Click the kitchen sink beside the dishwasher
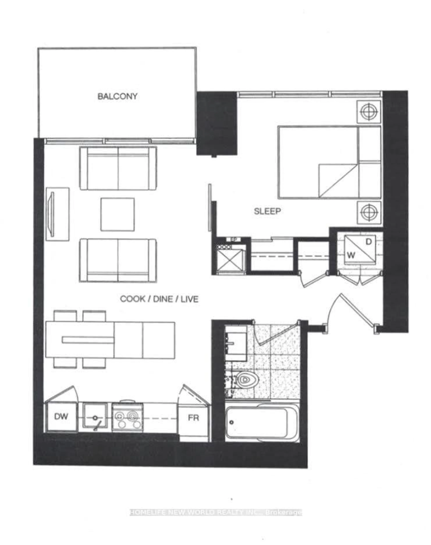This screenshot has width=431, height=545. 95,417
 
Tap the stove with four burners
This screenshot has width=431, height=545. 127,417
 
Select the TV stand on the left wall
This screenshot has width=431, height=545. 57,214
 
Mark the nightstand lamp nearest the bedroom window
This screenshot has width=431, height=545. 369,112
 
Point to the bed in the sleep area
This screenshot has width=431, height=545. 329,162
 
